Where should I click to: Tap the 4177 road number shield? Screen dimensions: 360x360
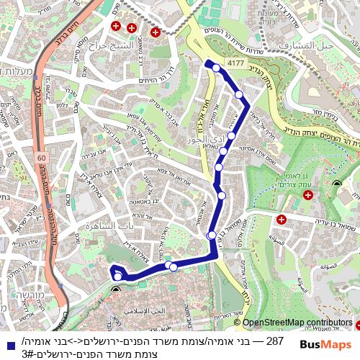click(235, 63)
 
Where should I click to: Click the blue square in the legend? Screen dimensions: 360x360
click(9, 346)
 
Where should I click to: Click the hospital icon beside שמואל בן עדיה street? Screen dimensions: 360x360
click(282, 219)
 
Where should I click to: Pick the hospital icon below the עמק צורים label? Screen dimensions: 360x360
click(307, 195)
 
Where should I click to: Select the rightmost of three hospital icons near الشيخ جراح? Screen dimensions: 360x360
click(156, 32)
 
